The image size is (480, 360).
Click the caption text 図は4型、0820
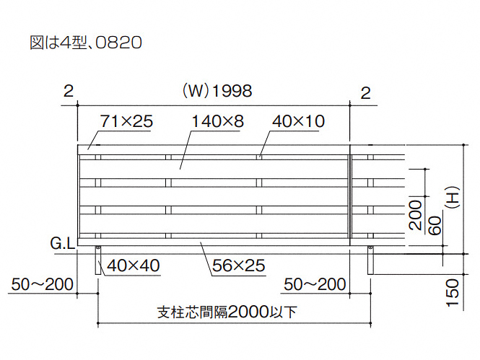[86, 43]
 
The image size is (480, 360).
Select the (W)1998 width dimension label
[217, 91]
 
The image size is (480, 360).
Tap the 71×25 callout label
[126, 121]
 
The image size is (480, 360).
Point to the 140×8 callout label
[217, 121]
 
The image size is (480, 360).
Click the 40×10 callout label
[299, 121]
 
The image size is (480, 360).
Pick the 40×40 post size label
[133, 265]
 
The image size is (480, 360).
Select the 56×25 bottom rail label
[238, 265]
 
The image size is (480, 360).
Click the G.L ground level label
[63, 244]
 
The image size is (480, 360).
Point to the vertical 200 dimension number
[416, 215]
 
